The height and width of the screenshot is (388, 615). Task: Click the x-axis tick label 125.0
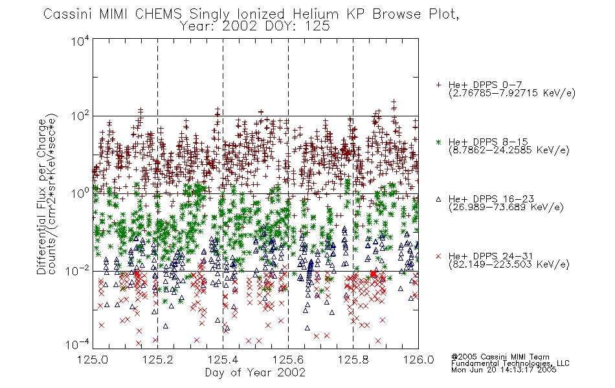click(x=93, y=360)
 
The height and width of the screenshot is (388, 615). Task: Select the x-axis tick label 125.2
click(x=158, y=360)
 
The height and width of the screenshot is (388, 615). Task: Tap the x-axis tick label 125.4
click(x=223, y=360)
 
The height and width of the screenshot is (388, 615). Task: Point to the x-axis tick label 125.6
click(x=288, y=360)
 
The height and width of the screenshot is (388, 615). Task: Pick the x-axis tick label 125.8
click(x=353, y=360)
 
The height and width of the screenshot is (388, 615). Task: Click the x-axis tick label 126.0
click(x=418, y=360)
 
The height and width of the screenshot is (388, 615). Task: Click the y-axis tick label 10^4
click(x=80, y=41)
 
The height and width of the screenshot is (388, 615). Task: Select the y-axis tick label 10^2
click(x=80, y=116)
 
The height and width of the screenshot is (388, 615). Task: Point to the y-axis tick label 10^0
click(x=80, y=193)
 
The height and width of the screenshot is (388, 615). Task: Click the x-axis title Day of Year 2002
click(x=255, y=372)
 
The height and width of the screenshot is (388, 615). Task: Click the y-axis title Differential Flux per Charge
click(x=41, y=197)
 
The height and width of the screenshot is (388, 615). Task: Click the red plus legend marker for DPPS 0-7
click(x=438, y=85)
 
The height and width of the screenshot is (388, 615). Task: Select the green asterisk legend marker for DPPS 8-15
click(x=438, y=142)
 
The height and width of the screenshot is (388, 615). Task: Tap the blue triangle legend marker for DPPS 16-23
click(x=438, y=199)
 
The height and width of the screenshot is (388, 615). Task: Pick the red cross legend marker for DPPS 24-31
click(x=438, y=256)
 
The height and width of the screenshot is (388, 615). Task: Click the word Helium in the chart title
click(x=316, y=14)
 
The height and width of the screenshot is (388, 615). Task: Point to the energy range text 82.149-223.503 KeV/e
click(x=509, y=264)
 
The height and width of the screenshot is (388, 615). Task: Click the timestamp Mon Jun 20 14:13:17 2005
click(x=504, y=370)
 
